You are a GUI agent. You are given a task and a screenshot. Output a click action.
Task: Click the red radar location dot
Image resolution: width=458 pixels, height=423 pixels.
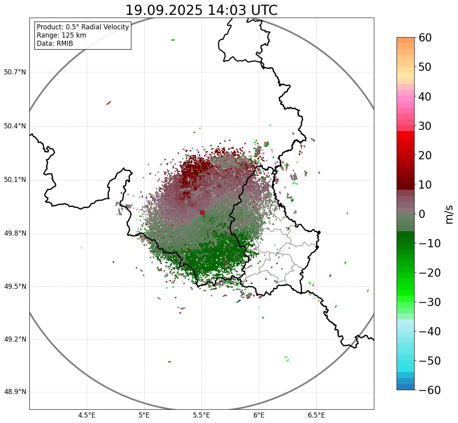202,212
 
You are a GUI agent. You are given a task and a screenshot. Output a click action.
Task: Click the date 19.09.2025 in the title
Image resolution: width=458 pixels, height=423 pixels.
164,10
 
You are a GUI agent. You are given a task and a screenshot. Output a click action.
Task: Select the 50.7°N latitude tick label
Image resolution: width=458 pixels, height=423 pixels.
15,72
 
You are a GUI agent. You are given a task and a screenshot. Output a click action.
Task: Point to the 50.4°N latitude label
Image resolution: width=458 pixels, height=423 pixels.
15,126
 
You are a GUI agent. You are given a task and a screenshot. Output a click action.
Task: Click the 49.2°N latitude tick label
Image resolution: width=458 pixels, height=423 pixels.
15,339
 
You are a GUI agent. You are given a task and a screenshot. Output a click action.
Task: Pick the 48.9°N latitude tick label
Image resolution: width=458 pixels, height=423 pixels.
15,392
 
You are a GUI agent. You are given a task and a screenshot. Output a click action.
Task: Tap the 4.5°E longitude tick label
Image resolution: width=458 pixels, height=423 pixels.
87,415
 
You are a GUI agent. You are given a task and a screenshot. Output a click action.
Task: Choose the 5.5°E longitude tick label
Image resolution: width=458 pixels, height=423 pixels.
201,415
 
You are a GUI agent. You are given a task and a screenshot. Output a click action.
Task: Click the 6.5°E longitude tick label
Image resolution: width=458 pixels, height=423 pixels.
316,415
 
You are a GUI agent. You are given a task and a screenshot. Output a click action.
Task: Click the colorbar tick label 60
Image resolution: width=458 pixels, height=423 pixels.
426,38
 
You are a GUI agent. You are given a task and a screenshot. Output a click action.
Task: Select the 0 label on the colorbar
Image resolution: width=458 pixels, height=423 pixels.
422,214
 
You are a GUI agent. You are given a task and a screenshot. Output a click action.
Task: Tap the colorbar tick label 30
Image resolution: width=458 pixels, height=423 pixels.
426,126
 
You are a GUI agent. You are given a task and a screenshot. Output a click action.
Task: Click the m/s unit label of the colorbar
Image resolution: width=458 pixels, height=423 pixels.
449,214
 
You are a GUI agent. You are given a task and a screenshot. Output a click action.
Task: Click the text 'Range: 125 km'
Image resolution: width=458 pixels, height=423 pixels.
61,35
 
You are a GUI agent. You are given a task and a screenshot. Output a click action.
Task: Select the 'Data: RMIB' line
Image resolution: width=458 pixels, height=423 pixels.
55,43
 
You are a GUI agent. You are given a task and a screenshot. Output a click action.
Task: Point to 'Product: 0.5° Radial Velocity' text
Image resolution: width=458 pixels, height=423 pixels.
83,27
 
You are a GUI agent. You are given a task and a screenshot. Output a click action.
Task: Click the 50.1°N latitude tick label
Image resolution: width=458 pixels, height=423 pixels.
15,180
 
